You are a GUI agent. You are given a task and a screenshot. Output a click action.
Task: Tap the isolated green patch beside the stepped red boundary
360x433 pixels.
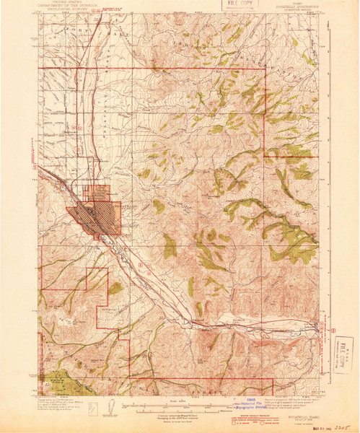point(115,288)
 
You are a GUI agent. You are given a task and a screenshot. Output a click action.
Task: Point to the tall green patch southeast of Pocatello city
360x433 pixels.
point(170,248)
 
